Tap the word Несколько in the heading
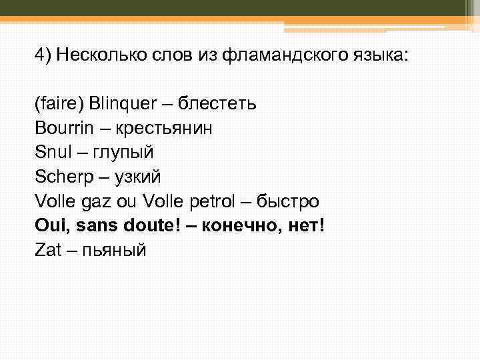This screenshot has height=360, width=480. [x=98, y=55]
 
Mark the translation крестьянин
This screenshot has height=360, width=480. [x=167, y=129]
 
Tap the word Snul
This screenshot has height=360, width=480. [x=50, y=153]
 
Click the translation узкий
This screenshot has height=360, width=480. [x=139, y=177]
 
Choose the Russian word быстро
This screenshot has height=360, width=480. [x=293, y=201]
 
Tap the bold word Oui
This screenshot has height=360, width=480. [x=53, y=225]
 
